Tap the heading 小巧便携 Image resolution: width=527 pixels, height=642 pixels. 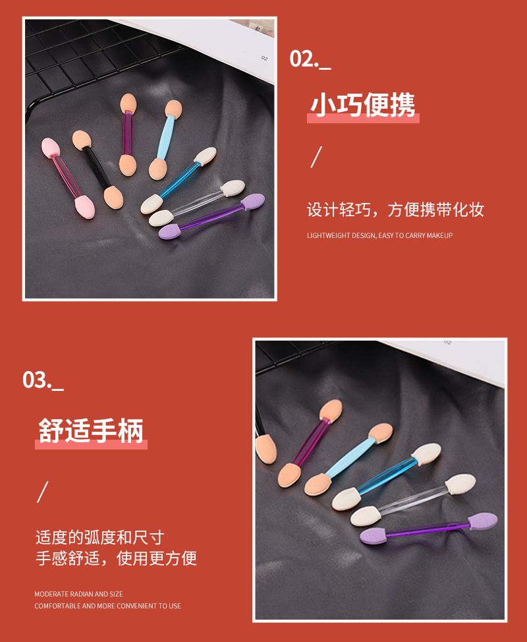pyautogui.click(x=363, y=105)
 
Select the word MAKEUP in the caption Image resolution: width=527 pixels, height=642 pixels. pyautogui.click(x=439, y=235)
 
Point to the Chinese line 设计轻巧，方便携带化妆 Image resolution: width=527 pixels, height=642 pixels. pyautogui.click(x=395, y=210)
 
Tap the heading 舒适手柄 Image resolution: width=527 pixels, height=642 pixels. pyautogui.click(x=91, y=431)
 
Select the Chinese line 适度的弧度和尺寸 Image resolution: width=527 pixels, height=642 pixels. pyautogui.click(x=99, y=537)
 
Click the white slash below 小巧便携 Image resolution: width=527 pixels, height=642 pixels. pyautogui.click(x=316, y=158)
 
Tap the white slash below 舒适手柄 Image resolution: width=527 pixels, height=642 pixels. pyautogui.click(x=43, y=492)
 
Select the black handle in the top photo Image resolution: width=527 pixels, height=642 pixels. pyautogui.click(x=96, y=166)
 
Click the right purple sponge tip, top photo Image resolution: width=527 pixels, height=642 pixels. pyautogui.click(x=252, y=202)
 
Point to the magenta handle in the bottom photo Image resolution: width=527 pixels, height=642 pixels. pyautogui.click(x=308, y=442)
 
